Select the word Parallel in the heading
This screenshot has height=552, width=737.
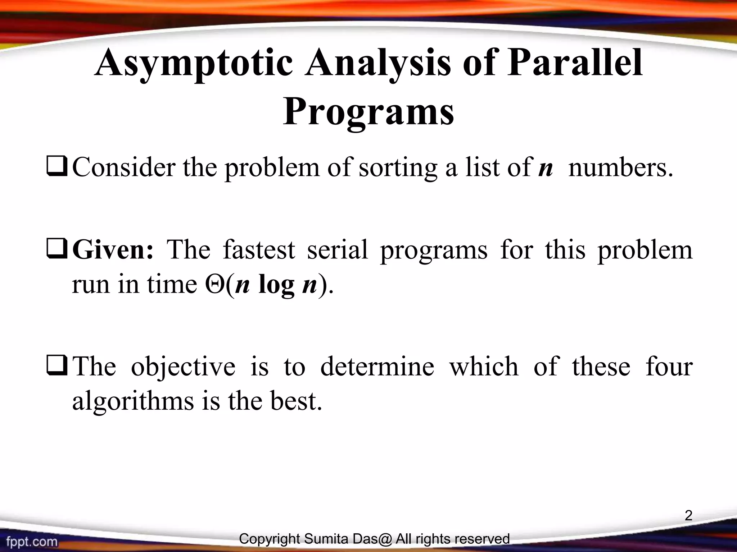click(575, 64)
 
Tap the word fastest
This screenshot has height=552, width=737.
click(259, 250)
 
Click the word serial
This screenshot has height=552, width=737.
click(338, 250)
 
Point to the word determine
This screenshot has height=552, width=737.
click(377, 367)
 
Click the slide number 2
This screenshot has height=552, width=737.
click(688, 516)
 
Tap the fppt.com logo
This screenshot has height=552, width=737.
click(32, 541)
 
